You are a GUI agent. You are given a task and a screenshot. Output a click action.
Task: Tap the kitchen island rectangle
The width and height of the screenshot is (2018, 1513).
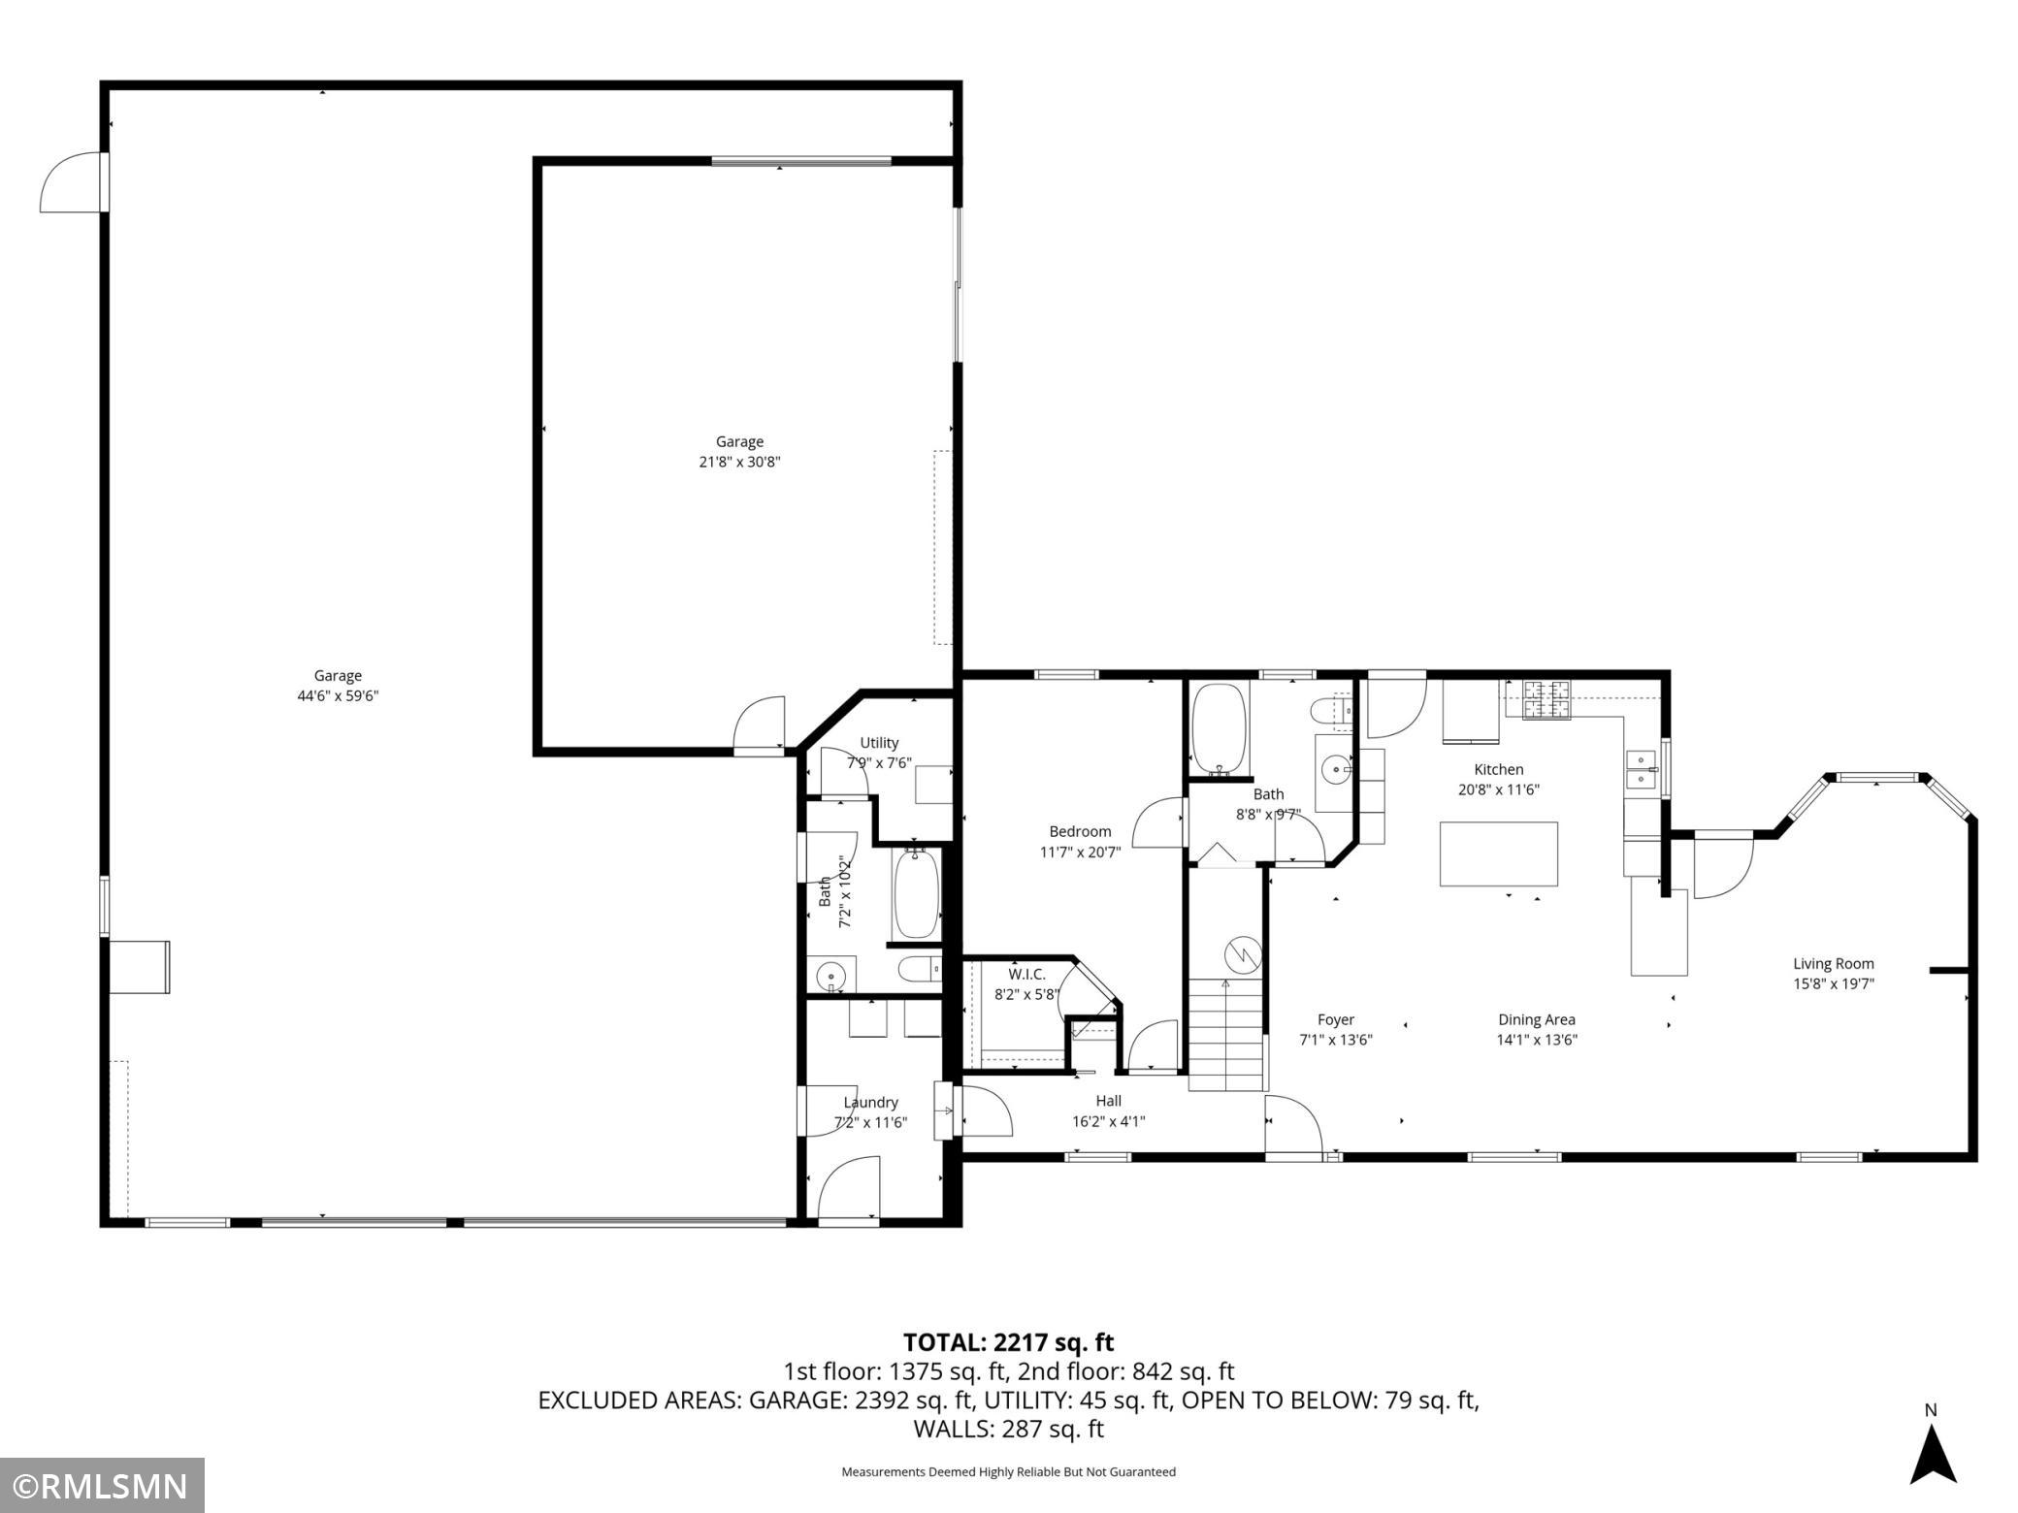pos(1498,853)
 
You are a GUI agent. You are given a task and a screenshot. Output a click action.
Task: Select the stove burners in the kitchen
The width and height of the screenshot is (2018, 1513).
pos(1546,699)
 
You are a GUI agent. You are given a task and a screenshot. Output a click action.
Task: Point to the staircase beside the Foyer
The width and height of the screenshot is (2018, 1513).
pos(1227,1035)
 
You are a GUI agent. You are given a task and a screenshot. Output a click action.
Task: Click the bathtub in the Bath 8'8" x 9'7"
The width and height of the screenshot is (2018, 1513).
pos(1219,727)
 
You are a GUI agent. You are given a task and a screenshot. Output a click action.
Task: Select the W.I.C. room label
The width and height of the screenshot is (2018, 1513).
pos(1026,974)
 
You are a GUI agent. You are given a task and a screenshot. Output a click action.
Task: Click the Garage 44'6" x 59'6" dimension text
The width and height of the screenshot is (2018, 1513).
pos(338,695)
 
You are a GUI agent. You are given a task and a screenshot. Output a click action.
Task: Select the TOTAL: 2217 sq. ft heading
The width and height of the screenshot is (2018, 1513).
pos(1008,1342)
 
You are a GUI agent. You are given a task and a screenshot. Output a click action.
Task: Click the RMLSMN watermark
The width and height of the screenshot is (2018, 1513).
pos(102,1485)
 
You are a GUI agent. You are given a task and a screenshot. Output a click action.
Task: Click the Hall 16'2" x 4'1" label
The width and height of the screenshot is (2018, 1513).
pos(1108,1111)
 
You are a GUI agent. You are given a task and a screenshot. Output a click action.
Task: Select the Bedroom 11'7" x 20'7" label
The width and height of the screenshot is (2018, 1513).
pos(1080,841)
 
